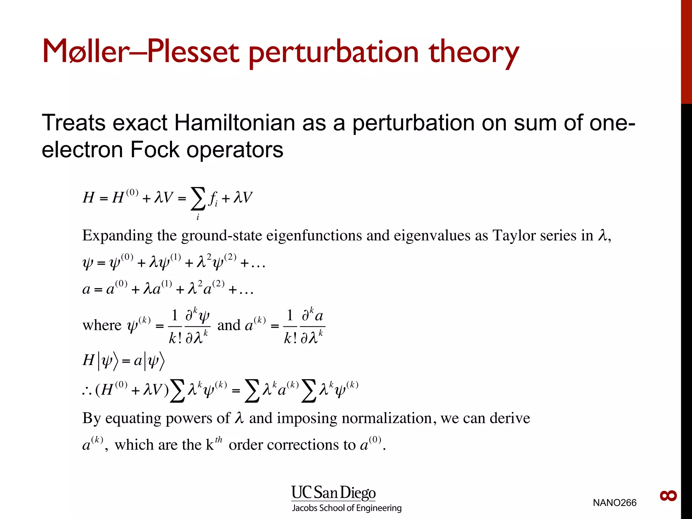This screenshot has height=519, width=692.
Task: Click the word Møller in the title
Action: (86, 52)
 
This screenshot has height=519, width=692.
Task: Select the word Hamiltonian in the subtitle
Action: (234, 123)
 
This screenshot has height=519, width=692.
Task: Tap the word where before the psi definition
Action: (102, 325)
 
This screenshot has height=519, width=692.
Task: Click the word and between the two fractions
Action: (229, 325)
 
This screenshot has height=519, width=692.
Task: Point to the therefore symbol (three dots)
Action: (87, 391)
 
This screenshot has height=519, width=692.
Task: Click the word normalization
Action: (387, 418)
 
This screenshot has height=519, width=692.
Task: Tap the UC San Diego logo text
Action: (333, 493)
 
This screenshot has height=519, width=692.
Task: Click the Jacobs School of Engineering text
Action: (347, 508)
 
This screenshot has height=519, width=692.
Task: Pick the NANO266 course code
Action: (614, 503)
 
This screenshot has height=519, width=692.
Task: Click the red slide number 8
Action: (668, 496)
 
